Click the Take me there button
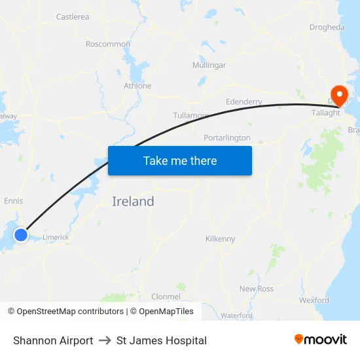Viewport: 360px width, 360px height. click(180, 160)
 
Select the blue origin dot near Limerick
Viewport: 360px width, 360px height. click(21, 234)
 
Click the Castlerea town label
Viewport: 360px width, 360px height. click(73, 17)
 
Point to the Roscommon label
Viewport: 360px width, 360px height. click(108, 44)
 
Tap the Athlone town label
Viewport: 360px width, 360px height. click(137, 86)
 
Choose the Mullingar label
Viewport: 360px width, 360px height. click(209, 65)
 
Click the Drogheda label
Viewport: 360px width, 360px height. click(327, 27)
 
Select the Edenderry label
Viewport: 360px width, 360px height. click(243, 102)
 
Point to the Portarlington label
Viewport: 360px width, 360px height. click(227, 138)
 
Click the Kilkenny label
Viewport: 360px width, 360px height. click(220, 239)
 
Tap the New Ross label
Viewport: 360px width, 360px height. click(257, 289)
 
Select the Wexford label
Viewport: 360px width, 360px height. click(314, 300)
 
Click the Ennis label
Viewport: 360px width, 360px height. click(14, 201)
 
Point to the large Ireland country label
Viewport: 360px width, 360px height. click(133, 202)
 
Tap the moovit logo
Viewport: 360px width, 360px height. click(321, 340)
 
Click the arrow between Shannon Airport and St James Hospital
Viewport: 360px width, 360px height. click(105, 340)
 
